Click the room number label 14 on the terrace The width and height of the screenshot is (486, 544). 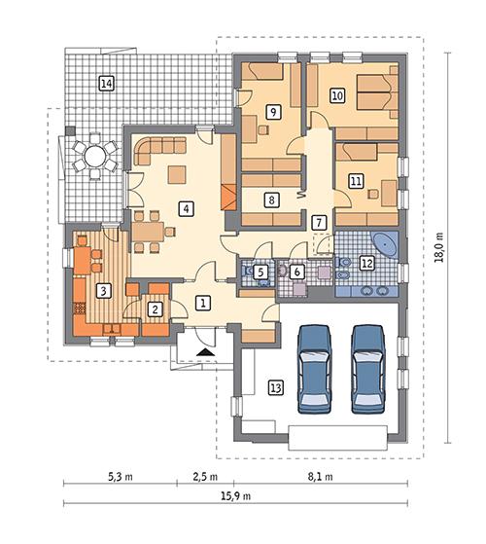106,84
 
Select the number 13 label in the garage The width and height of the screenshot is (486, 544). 276,388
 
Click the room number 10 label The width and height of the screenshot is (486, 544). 337,95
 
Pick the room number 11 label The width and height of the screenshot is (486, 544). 355,180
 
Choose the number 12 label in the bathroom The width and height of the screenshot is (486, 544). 366,262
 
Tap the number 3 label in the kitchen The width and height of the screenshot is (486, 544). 103,289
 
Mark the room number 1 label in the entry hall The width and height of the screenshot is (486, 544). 201,303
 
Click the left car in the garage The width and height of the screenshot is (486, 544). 317,369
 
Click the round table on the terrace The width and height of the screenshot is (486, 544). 94,156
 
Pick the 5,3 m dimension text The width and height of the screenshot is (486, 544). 119,477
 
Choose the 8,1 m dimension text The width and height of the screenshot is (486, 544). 320,477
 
